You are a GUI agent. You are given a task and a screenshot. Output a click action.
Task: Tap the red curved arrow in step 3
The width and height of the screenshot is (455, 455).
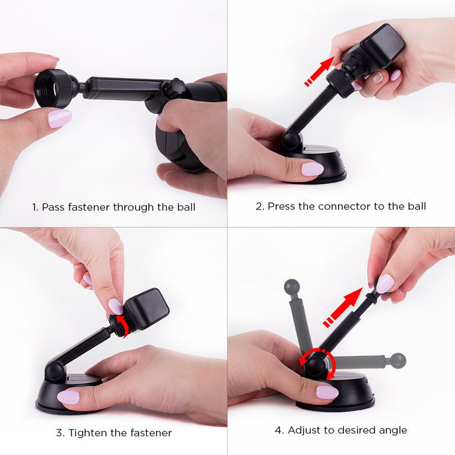tap(124, 326)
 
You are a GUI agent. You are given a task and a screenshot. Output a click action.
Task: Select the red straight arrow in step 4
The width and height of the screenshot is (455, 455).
tap(343, 307)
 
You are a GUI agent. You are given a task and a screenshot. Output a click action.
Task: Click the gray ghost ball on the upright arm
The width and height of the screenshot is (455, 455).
tap(292, 287)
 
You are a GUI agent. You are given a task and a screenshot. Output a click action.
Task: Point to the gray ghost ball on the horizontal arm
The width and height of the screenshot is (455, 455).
tap(398, 361)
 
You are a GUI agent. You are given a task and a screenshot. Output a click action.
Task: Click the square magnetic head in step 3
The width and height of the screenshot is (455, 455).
tap(146, 309)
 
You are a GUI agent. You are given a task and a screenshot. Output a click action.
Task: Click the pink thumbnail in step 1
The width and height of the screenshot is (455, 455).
tap(60, 118)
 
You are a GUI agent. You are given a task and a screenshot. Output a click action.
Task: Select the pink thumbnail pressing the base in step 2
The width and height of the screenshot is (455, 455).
tap(313, 169)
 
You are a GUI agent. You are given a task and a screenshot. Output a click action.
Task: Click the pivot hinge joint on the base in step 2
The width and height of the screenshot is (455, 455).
tap(291, 141)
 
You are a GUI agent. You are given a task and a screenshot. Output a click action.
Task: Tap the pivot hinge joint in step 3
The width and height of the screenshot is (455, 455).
tap(54, 371)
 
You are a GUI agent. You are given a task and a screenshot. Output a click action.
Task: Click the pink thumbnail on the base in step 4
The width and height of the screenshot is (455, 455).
tap(327, 393)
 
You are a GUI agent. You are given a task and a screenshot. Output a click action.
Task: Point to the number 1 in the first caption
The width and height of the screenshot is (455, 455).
tap(34, 207)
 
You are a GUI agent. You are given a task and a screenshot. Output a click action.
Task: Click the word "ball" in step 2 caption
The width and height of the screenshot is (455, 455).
tap(417, 206)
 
